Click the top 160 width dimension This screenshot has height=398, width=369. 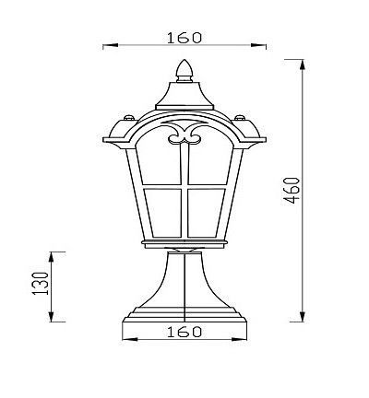pyautogui.click(x=184, y=38)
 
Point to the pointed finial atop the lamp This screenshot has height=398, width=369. pyautogui.click(x=184, y=70)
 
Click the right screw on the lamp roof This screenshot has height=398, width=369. pyautogui.click(x=241, y=118)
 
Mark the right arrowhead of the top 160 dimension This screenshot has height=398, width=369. pyautogui.click(x=261, y=44)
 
